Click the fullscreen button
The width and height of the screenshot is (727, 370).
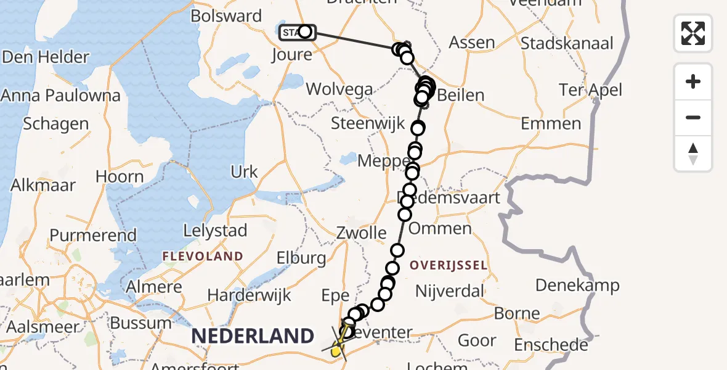[693, 33]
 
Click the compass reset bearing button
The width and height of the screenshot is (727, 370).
[693, 154]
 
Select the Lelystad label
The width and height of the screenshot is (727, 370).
[215, 231]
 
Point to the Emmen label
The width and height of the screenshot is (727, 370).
[551, 123]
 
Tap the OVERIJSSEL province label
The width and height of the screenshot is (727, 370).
[447, 266]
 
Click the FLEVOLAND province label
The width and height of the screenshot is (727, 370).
[202, 255]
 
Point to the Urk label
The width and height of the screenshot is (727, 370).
[244, 171]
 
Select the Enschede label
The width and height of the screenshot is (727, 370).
[551, 345]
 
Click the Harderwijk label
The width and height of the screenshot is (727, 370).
[249, 295]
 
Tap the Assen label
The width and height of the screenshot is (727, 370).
[471, 43]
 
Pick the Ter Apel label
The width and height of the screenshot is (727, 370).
[590, 89]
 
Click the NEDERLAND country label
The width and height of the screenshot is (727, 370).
[253, 336]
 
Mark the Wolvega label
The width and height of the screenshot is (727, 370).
[339, 89]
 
